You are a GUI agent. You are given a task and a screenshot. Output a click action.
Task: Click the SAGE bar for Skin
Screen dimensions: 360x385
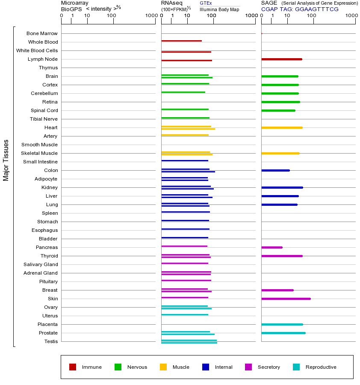coord(286,299)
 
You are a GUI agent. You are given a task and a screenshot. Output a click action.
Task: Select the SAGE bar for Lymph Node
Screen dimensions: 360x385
coord(282,59)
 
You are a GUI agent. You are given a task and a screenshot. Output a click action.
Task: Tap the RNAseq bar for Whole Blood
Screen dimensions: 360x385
coord(182,41)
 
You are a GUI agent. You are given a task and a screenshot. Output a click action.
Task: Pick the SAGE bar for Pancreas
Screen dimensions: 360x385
coord(272,248)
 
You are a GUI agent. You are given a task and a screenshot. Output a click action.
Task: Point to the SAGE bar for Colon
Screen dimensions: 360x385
coord(276,170)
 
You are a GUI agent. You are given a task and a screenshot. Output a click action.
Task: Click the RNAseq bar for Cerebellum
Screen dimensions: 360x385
coord(183,92)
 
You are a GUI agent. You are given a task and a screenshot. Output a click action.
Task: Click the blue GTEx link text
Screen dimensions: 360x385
coord(206,3)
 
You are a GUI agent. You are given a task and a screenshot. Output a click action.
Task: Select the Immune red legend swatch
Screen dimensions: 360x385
coord(73,367)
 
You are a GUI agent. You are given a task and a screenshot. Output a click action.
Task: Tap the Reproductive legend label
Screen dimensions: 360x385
coord(321,367)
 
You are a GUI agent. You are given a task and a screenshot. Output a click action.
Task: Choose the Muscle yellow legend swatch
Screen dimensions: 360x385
coord(163,367)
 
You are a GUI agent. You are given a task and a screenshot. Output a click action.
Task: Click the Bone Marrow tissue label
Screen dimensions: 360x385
coord(42,33)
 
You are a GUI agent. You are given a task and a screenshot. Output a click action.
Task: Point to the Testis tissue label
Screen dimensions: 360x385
coord(51,341)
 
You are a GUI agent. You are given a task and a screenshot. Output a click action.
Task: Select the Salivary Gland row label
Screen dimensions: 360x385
coord(41,264)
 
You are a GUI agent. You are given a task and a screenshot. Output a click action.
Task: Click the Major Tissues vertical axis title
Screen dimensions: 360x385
coord(6,160)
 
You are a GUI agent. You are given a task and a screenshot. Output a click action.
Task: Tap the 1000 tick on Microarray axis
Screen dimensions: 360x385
coord(152,15)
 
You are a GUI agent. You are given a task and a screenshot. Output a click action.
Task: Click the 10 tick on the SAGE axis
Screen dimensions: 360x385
coord(287,15)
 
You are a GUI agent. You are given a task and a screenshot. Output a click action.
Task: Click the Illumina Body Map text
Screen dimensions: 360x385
coord(219,9)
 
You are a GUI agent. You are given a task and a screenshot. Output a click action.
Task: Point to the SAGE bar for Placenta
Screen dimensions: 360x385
coord(283,325)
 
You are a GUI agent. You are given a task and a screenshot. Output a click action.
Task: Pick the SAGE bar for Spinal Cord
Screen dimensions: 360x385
coord(278,110)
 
